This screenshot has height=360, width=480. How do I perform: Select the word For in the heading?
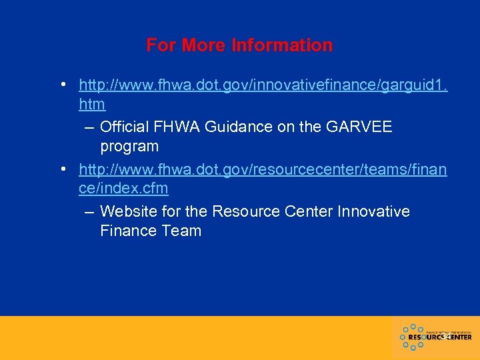coord(161,45)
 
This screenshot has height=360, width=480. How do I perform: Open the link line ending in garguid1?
coord(263,85)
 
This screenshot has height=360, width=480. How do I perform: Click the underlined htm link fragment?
coord(92,105)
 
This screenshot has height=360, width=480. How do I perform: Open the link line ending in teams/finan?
coord(263,170)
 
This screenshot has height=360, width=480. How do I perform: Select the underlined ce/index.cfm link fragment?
coord(123,189)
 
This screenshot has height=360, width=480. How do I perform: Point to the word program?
coord(129,146)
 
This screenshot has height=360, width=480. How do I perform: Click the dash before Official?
coord(89,127)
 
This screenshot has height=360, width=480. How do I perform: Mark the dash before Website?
coord(89,211)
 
